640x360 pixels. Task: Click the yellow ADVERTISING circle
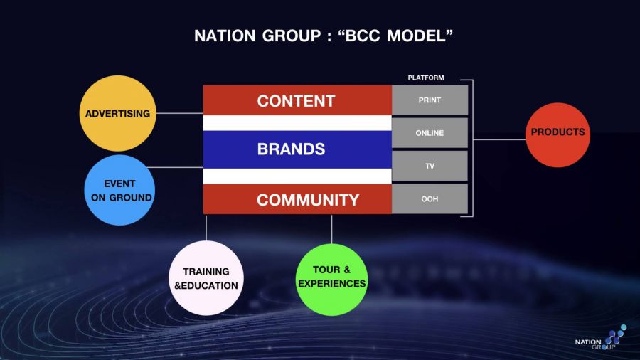118,113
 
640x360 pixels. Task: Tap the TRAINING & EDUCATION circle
206,278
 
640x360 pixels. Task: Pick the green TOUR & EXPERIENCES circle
331,279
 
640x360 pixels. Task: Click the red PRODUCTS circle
558,133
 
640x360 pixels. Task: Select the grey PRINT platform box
430,100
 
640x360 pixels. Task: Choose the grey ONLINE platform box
430,133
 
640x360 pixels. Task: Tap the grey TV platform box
430,166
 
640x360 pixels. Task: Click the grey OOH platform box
430,199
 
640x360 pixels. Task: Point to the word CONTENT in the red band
296,101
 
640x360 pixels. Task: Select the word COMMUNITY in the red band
308,200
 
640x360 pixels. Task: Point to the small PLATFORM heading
425,78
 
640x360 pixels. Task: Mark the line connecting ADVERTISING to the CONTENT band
179,112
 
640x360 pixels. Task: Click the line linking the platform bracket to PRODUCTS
498,139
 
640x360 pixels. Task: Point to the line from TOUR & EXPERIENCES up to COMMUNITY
331,228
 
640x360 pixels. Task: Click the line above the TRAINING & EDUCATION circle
206,228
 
